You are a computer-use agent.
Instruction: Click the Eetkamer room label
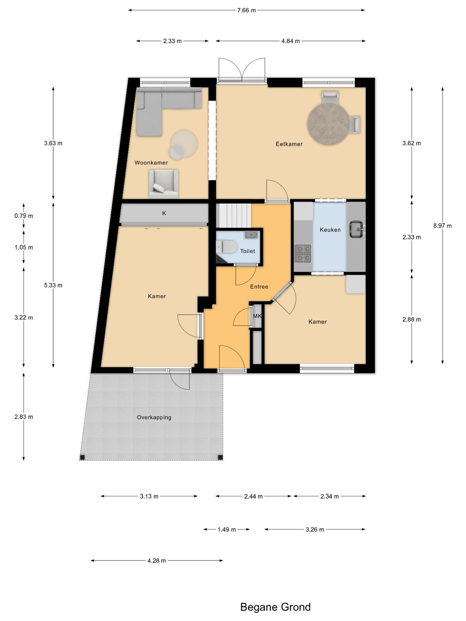tap(289, 144)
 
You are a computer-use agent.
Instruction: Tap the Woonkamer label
tap(151, 163)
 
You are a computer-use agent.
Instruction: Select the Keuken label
tap(330, 230)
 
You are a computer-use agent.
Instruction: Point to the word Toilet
tap(248, 251)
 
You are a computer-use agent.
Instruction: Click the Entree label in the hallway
tap(259, 286)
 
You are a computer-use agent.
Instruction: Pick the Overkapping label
tap(154, 417)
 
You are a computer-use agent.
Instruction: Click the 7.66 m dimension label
tap(247, 10)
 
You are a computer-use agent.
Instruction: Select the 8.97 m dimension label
tap(443, 226)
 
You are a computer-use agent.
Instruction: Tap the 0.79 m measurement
tap(24, 216)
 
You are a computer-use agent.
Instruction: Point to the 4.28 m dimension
tap(157, 560)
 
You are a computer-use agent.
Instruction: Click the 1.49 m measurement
tap(227, 529)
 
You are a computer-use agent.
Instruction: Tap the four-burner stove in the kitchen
tap(303, 253)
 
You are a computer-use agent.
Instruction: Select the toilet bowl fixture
tap(226, 247)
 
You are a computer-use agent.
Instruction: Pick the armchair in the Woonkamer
tap(163, 184)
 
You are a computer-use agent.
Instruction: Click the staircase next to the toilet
tap(234, 216)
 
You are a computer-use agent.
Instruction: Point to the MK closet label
tap(257, 316)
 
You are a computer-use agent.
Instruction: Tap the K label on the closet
tap(164, 213)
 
